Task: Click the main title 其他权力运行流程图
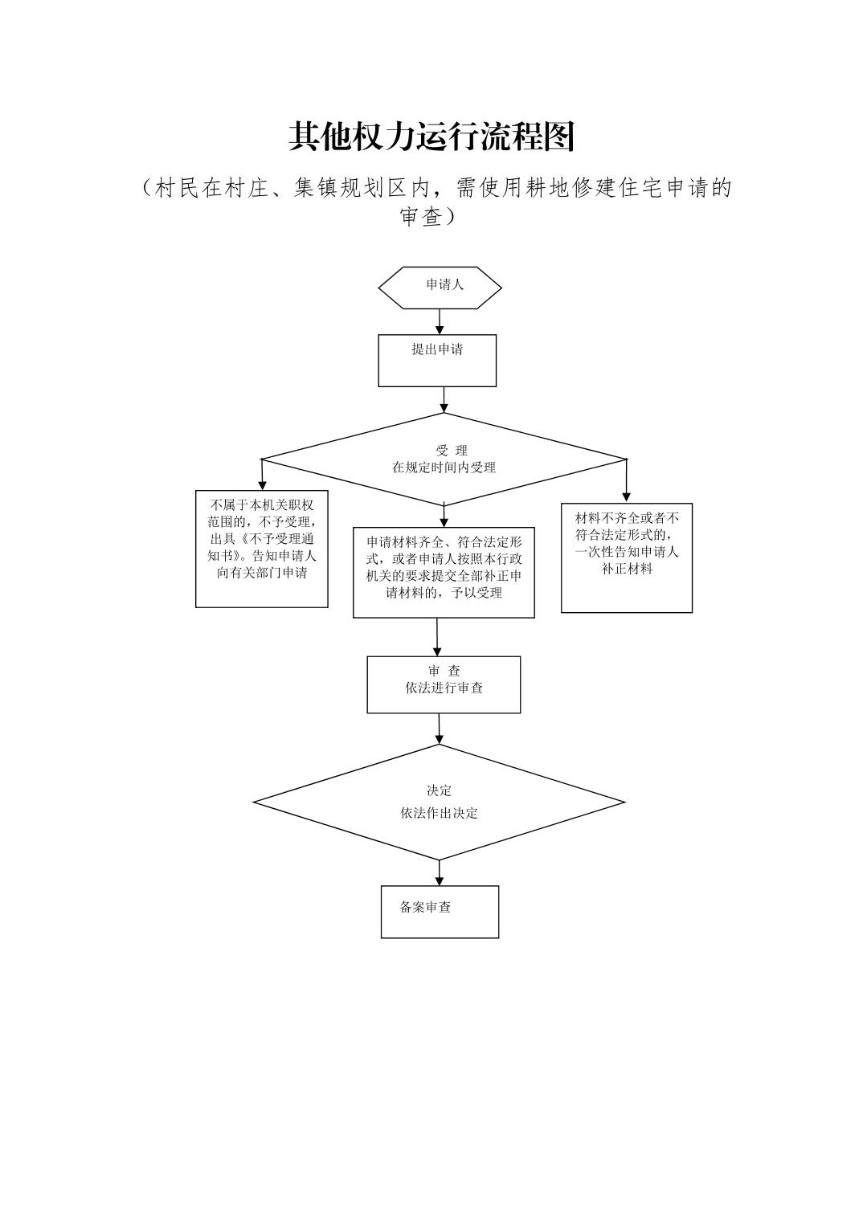[x=431, y=137]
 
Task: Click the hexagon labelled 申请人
[x=440, y=288]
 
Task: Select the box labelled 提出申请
[x=437, y=360]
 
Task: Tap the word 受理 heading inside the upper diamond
[x=452, y=451]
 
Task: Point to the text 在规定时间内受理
[x=444, y=468]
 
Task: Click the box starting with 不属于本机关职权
[x=262, y=549]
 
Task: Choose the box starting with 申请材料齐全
[x=444, y=572]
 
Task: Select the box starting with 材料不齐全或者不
[x=627, y=557]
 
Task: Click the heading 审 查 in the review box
[x=444, y=671]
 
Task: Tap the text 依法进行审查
[x=444, y=688]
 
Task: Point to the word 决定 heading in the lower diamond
[x=439, y=790]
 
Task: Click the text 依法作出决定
[x=439, y=813]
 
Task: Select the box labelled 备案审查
[x=440, y=911]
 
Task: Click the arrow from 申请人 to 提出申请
[x=440, y=321]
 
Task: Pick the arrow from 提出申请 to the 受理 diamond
[x=444, y=400]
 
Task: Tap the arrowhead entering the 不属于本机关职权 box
[x=262, y=485]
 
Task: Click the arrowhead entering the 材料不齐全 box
[x=627, y=497]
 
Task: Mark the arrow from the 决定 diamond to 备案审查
[x=440, y=873]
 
